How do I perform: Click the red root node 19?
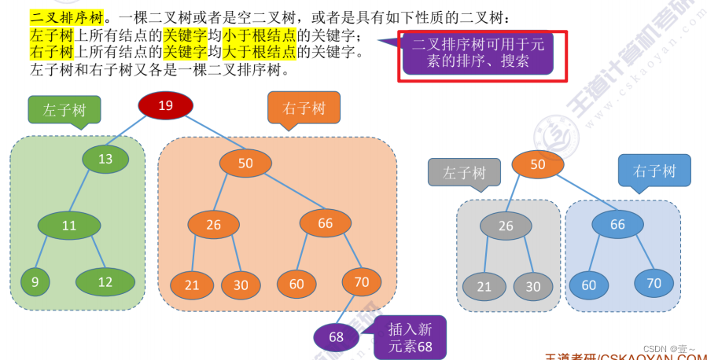[165, 105]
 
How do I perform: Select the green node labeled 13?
[105, 159]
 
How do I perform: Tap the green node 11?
[69, 226]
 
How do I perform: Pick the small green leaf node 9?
[35, 281]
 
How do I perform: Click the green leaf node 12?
[105, 281]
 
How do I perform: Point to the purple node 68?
[337, 336]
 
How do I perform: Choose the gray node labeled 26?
[506, 226]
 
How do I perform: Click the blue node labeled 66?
[617, 224]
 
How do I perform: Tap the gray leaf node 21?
[484, 286]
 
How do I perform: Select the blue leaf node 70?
[654, 283]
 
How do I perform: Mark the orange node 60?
[296, 284]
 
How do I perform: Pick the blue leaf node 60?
[589, 285]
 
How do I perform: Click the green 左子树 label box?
[64, 110]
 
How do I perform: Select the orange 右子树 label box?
[304, 108]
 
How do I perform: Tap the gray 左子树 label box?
[464, 172]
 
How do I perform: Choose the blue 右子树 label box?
[654, 170]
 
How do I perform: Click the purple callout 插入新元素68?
[411, 336]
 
